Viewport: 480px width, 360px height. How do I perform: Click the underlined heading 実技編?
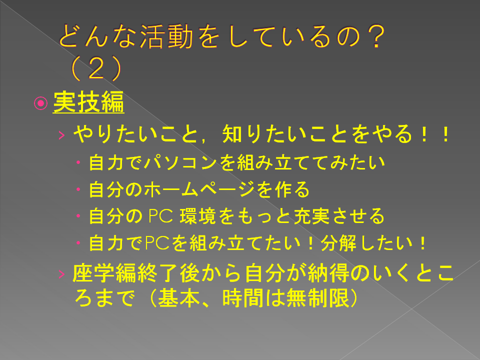point(88,102)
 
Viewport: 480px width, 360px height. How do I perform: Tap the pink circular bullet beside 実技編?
point(40,103)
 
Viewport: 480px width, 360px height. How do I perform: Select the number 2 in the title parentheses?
point(96,68)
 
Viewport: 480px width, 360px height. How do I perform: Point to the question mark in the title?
point(375,36)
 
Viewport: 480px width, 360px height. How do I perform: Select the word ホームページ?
point(199,189)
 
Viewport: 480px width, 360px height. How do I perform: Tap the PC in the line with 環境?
point(161,216)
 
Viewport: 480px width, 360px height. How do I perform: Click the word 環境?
point(198,216)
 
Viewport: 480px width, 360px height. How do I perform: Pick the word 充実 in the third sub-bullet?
point(311,216)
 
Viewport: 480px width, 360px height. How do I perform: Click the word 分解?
point(338,243)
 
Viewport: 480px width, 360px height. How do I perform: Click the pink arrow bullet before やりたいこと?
point(61,135)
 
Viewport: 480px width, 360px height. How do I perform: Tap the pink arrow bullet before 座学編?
point(61,274)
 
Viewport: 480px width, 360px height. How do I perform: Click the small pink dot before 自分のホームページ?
point(78,189)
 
